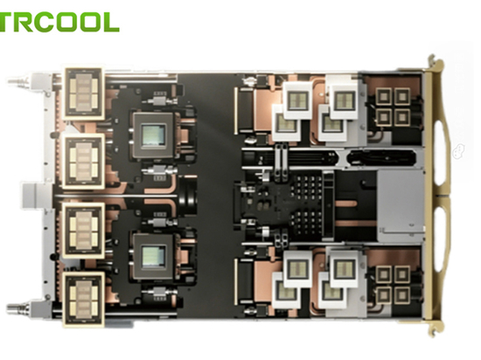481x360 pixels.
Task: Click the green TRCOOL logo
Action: (59, 22)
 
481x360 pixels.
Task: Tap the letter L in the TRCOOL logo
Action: (110, 22)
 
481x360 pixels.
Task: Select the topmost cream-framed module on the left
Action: (84, 93)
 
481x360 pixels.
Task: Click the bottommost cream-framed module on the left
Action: (84, 300)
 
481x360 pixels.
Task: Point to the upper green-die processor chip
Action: (153, 135)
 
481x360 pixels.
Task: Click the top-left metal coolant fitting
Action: (19, 82)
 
